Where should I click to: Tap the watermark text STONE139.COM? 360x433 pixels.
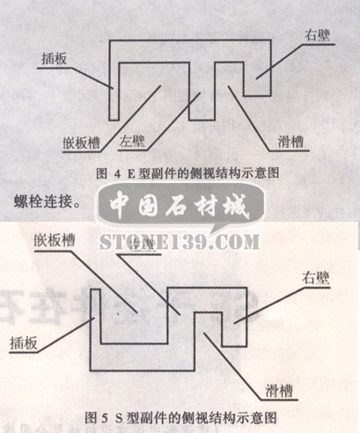[x=180, y=240]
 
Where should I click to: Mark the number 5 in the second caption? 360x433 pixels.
[x=102, y=414]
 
